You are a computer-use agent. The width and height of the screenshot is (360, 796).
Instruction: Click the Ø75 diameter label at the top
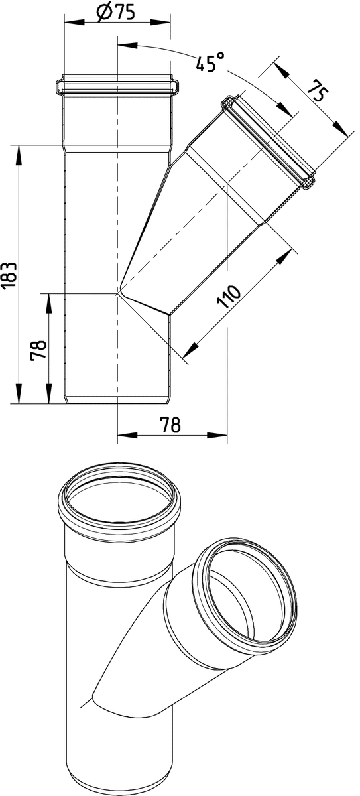(115, 13)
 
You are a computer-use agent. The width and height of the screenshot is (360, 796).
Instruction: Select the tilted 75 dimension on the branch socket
(318, 90)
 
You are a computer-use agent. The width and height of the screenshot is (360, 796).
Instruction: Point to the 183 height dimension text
(9, 275)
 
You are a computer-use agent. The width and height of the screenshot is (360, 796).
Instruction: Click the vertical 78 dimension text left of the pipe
(38, 350)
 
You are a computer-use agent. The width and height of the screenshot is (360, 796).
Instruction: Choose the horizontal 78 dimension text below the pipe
(170, 425)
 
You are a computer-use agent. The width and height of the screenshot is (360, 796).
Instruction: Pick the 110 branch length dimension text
(229, 296)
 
